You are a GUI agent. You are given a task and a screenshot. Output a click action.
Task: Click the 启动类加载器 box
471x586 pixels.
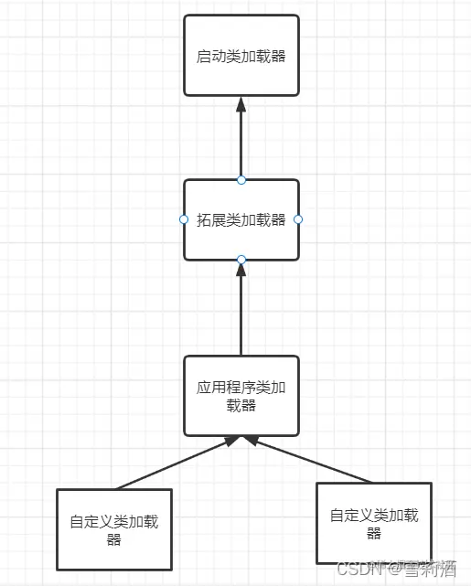click(x=241, y=55)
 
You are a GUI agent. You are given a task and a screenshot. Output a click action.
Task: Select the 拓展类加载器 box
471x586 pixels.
click(x=241, y=219)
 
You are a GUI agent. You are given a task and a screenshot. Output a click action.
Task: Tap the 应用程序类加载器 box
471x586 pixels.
click(x=241, y=396)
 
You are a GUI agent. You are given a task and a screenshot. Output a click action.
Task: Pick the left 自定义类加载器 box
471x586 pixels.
click(x=114, y=530)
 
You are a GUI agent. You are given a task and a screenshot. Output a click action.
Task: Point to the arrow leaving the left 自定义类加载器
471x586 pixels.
click(x=174, y=463)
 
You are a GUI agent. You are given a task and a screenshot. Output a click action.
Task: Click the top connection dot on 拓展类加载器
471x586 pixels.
click(x=241, y=179)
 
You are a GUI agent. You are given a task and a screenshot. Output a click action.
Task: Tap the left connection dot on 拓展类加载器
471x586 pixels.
click(x=184, y=219)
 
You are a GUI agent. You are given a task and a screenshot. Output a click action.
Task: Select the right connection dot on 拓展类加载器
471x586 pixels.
click(x=298, y=219)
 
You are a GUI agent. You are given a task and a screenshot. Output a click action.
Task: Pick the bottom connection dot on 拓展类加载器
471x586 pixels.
click(x=241, y=261)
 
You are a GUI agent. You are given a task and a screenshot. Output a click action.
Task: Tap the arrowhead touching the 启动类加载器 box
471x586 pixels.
click(x=241, y=103)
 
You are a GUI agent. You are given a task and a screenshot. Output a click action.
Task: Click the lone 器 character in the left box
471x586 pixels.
click(x=114, y=539)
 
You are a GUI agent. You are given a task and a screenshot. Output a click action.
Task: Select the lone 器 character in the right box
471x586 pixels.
click(x=374, y=533)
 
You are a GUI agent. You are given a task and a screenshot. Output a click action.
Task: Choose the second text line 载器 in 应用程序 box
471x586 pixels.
click(x=241, y=405)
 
